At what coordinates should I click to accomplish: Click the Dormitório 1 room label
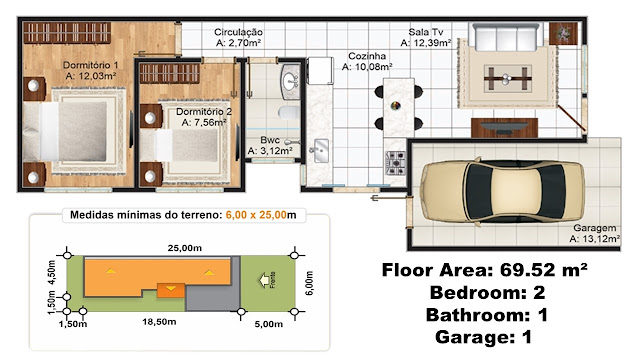pyautogui.click(x=91, y=65)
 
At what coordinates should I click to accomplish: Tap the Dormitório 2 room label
pyautogui.click(x=204, y=111)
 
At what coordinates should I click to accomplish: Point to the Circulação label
pyautogui.click(x=238, y=32)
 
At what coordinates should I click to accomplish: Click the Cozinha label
pyautogui.click(x=367, y=56)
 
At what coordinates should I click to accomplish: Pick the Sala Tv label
pyautogui.click(x=426, y=32)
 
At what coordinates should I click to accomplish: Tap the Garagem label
pyautogui.click(x=595, y=228)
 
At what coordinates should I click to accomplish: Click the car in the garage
pyautogui.click(x=502, y=191)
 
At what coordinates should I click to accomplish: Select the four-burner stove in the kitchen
pyautogui.click(x=396, y=163)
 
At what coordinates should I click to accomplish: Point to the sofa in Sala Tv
pyautogui.click(x=506, y=37)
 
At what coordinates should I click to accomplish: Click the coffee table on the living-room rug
pyautogui.click(x=507, y=78)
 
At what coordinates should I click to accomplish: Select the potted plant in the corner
pyautogui.click(x=563, y=33)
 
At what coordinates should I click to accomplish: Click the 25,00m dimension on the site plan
pyautogui.click(x=184, y=248)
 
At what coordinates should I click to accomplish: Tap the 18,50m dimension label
pyautogui.click(x=159, y=322)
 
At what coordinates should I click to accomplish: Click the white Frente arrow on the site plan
pyautogui.click(x=264, y=280)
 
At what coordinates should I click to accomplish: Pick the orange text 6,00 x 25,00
pyautogui.click(x=256, y=215)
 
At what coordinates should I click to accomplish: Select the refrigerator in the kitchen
pyautogui.click(x=320, y=70)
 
